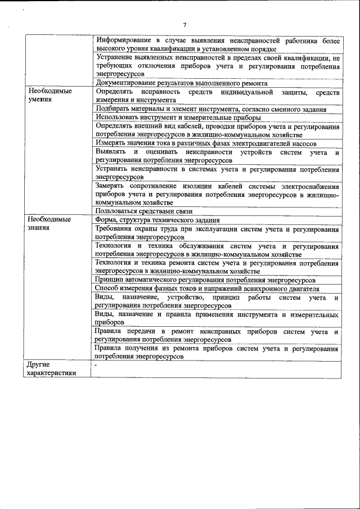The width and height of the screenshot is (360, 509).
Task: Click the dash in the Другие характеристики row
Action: click(97, 365)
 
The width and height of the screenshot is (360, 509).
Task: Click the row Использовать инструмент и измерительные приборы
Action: click(178, 118)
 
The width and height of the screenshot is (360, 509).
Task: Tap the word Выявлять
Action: click(110, 152)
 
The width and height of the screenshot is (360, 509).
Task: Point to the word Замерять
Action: click(111, 186)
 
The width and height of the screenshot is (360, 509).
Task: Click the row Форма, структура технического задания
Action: click(157, 220)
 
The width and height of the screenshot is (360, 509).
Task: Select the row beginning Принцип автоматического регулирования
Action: click(205, 280)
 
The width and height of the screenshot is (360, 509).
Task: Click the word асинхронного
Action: click(265, 289)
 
